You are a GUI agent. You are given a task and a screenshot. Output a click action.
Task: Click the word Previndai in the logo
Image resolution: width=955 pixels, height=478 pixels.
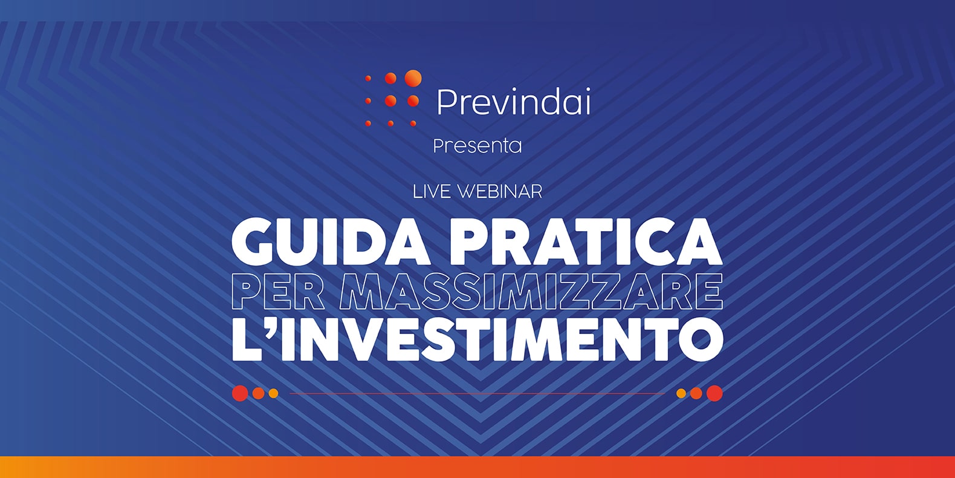(514, 102)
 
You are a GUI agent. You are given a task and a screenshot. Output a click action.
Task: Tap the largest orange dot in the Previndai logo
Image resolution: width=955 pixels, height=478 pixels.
(413, 78)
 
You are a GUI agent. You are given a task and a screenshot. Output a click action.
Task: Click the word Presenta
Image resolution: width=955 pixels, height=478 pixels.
(477, 146)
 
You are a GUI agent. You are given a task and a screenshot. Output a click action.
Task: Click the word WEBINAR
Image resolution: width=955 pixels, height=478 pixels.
(500, 192)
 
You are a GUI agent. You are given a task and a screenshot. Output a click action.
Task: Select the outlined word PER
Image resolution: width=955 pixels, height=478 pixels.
(279, 293)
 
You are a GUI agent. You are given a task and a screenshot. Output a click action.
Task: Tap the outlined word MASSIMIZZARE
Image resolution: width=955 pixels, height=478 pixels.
(531, 293)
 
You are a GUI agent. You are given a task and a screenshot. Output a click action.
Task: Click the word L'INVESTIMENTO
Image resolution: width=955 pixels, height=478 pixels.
(477, 339)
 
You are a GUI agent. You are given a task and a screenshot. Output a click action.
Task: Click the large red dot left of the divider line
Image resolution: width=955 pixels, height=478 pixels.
(240, 393)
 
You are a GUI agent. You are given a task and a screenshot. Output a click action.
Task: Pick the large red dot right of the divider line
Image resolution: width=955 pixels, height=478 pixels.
(714, 393)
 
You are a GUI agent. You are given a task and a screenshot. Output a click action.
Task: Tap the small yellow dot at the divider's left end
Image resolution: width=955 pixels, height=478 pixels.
(273, 393)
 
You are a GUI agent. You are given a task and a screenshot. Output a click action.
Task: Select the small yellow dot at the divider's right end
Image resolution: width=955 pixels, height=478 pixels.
(681, 393)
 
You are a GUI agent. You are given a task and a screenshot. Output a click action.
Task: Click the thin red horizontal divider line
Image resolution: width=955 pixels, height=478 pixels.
(477, 393)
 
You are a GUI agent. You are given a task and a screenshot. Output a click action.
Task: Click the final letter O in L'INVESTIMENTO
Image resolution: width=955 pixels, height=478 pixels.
(702, 339)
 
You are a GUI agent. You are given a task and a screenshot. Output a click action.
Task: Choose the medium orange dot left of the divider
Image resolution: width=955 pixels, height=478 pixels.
(258, 393)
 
